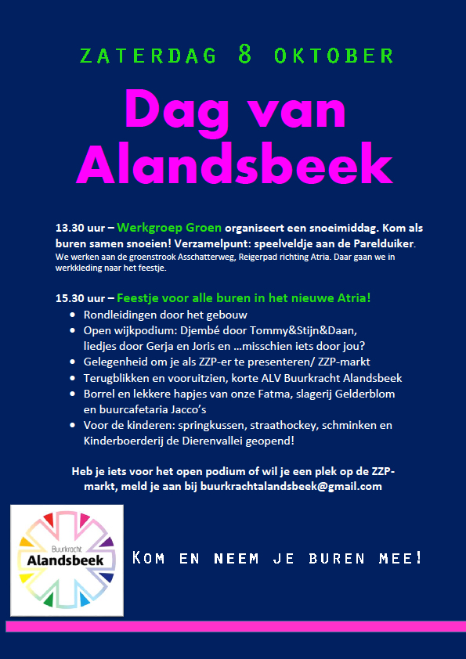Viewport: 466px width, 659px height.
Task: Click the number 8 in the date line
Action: coord(244,54)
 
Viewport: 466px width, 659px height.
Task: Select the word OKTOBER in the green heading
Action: coord(335,56)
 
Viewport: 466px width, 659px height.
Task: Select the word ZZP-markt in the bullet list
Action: coord(341,362)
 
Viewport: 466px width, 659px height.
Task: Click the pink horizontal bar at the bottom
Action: coord(232,626)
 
